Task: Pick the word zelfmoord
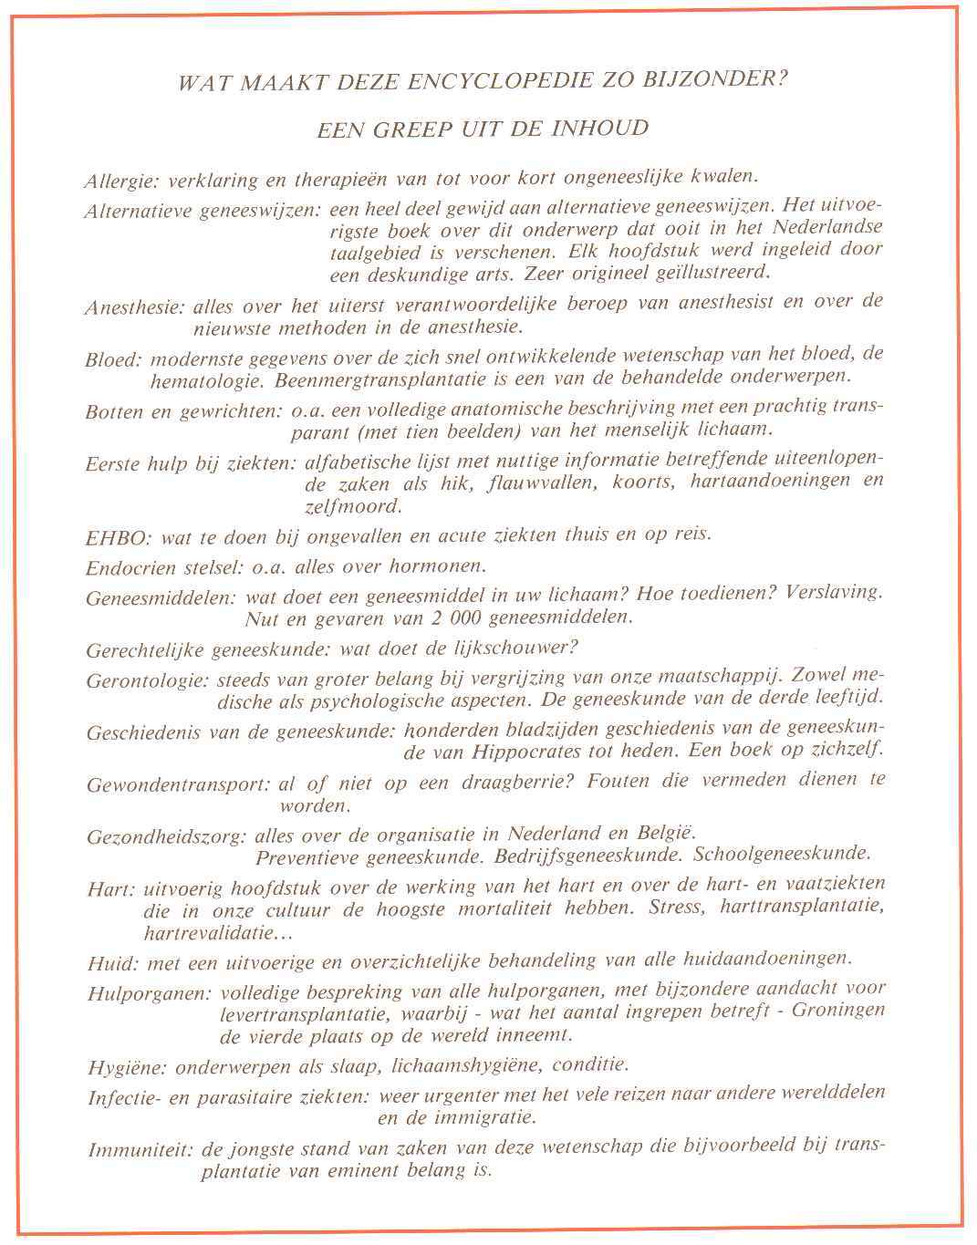click(x=352, y=506)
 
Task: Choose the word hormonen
click(x=439, y=565)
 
